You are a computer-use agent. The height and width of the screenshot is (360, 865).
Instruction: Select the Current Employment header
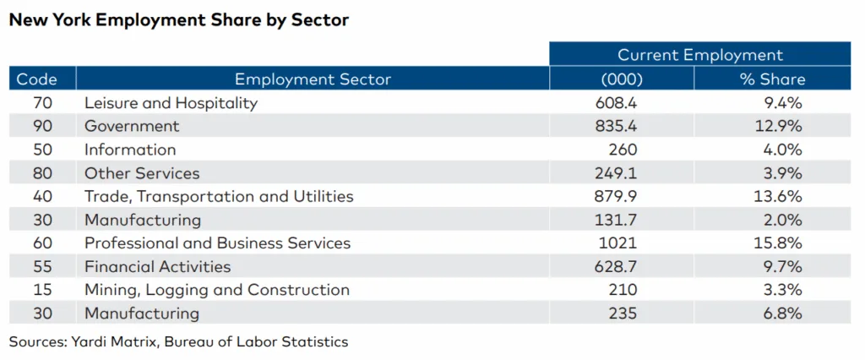(699, 55)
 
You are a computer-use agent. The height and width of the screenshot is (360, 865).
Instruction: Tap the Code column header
(36, 79)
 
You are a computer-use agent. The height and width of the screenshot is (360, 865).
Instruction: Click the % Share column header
(772, 79)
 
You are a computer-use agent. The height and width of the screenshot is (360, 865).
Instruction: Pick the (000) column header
(622, 79)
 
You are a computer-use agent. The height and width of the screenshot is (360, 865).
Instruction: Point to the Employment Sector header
(313, 79)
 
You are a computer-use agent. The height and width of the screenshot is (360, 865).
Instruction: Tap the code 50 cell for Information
(36, 150)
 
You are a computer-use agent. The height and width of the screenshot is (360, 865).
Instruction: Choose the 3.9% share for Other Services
(782, 173)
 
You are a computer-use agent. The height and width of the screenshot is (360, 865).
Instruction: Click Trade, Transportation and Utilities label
(219, 197)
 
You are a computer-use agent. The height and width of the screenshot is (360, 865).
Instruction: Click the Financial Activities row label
(157, 267)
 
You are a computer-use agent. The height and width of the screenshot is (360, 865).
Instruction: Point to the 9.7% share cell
(782, 267)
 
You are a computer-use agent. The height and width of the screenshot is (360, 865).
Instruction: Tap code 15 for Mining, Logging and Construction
(36, 290)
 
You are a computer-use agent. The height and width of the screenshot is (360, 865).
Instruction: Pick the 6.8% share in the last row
(782, 314)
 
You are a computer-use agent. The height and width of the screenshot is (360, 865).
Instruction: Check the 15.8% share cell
(780, 243)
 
